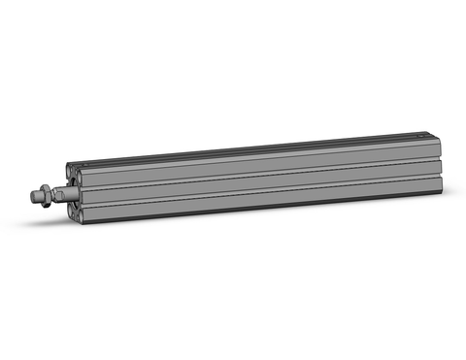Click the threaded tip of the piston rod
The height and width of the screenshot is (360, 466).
point(35,197)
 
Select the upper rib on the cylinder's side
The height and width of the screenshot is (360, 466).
point(262,159)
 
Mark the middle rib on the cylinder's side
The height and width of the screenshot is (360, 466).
point(262,179)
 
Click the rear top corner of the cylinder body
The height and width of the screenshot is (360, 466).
point(443,135)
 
